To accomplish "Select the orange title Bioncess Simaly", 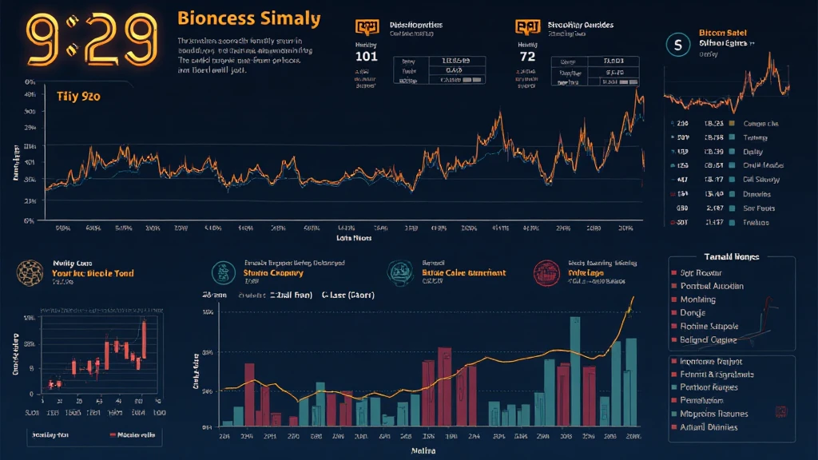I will (248, 18).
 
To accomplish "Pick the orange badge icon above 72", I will (526, 27).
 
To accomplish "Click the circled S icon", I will (677, 45).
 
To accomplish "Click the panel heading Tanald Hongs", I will (731, 257).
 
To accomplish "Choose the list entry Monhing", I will (697, 299).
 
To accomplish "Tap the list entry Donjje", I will (693, 313).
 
